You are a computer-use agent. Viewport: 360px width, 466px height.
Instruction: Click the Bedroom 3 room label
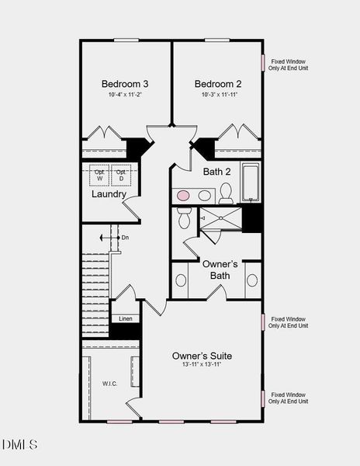click(124, 84)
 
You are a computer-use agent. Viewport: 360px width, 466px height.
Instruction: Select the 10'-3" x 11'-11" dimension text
click(218, 95)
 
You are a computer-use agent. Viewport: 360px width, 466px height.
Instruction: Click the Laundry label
click(109, 194)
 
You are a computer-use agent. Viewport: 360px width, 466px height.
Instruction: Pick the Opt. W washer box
click(99, 176)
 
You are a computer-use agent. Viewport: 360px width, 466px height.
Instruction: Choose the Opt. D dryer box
click(121, 176)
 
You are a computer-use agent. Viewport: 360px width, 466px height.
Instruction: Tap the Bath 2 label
click(217, 172)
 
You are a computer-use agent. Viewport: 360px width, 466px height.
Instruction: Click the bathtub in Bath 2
click(251, 183)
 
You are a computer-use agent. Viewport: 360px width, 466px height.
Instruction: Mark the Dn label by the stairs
click(124, 237)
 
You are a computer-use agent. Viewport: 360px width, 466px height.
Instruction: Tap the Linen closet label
click(124, 318)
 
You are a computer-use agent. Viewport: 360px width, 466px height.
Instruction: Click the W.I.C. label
click(109, 383)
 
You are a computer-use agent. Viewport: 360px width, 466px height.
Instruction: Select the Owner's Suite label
click(202, 356)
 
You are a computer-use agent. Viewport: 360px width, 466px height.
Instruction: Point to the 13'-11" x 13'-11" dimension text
click(202, 365)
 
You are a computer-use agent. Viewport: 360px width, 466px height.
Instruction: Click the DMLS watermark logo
click(19, 444)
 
